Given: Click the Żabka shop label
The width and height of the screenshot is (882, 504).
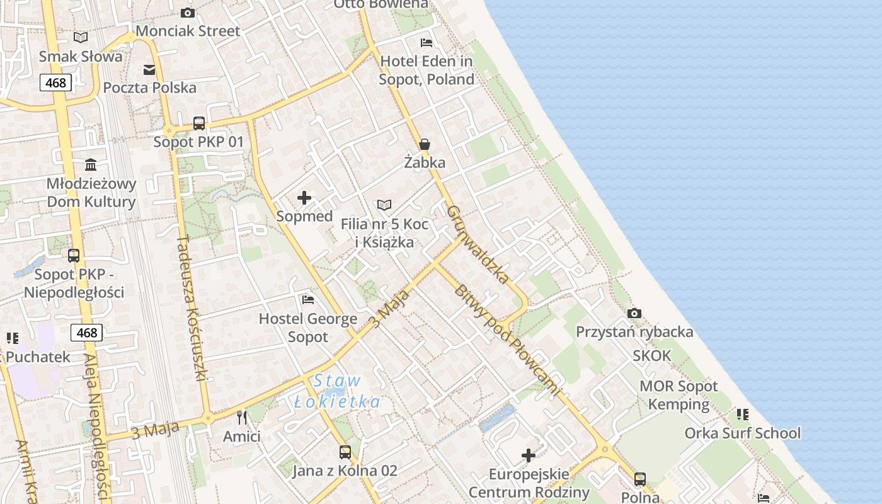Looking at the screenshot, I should [425, 163].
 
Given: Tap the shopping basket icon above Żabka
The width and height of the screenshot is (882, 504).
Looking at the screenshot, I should [425, 144].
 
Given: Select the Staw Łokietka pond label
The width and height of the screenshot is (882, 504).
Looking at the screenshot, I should [338, 391].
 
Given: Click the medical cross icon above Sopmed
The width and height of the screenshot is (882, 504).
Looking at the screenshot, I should [304, 198].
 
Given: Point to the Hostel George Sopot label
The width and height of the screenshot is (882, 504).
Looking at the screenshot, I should [308, 328].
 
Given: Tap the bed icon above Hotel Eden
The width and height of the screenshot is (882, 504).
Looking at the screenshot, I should [427, 43].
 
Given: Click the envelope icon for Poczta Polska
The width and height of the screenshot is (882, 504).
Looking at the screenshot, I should [149, 69].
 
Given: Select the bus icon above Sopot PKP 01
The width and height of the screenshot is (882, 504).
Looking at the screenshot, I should [198, 123].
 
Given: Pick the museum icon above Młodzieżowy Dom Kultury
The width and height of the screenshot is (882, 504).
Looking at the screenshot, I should [91, 164].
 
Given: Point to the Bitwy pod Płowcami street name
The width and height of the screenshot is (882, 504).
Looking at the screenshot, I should [507, 340].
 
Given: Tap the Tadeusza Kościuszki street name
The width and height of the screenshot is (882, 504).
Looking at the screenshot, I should [192, 308].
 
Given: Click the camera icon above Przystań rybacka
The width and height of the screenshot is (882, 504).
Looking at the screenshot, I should [634, 313].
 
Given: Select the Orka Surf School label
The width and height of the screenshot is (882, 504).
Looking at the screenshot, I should [742, 433].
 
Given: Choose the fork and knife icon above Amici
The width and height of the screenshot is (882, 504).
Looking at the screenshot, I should [242, 417].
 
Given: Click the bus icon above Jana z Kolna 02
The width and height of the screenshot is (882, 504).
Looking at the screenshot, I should [345, 452].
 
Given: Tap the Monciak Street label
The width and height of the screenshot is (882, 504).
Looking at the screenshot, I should [188, 31].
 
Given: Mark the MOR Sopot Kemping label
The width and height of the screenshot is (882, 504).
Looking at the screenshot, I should [679, 395].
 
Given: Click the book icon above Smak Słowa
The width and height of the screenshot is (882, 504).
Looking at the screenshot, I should [81, 37].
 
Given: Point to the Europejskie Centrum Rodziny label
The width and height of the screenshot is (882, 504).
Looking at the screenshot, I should [529, 483].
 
